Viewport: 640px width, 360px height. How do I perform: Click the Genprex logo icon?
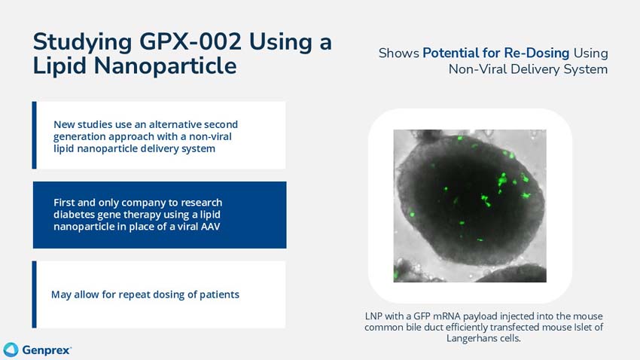pyautogui.click(x=11, y=349)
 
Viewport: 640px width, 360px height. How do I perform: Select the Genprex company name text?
pyautogui.click(x=47, y=350)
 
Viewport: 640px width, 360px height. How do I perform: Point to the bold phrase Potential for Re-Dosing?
pyautogui.click(x=496, y=53)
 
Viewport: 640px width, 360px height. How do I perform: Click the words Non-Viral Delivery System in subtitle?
pyautogui.click(x=528, y=69)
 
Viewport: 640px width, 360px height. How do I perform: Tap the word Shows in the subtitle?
pyautogui.click(x=398, y=53)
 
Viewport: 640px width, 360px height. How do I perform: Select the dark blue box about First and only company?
pyautogui.click(x=160, y=215)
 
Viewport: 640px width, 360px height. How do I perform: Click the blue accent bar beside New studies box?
pyautogui.click(x=35, y=136)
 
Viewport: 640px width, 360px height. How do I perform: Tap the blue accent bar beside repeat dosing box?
pyautogui.click(x=35, y=294)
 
